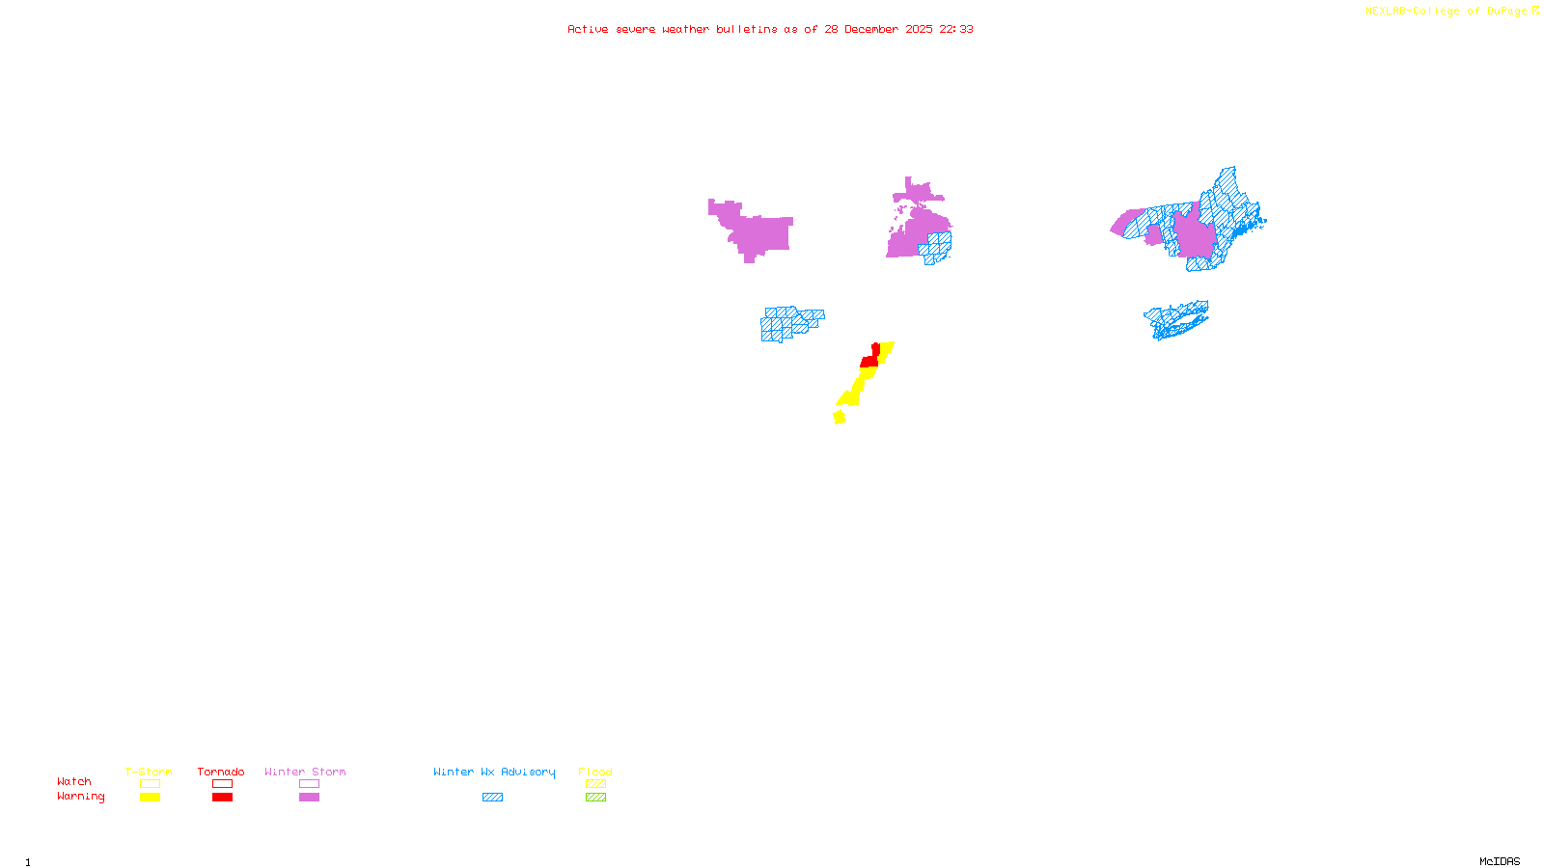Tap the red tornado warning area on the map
click(x=870, y=360)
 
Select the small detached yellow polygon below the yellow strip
click(x=839, y=417)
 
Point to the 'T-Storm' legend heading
click(x=149, y=772)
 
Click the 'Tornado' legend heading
click(x=221, y=772)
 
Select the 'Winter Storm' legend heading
click(x=305, y=772)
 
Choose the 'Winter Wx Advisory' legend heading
click(x=494, y=772)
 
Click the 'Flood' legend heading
click(x=595, y=772)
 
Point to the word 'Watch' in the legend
click(x=74, y=781)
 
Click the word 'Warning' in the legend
click(x=81, y=797)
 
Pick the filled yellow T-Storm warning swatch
click(x=150, y=798)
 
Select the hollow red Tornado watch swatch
click(x=222, y=784)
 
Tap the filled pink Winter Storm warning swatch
click(x=309, y=798)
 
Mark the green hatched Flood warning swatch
click(x=595, y=798)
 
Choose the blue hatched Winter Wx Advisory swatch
click(x=492, y=798)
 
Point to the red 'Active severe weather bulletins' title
click(x=770, y=29)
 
